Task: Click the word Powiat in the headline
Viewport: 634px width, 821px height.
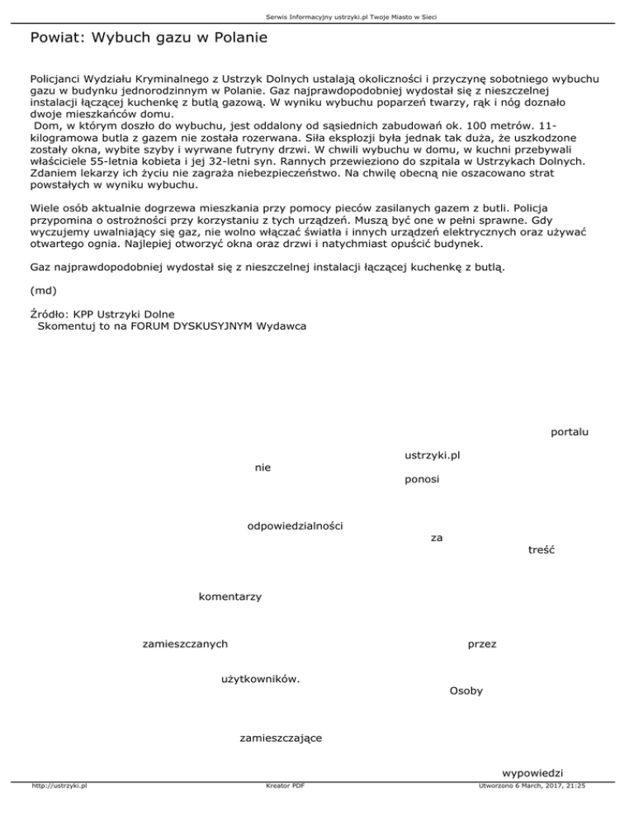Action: tap(54, 38)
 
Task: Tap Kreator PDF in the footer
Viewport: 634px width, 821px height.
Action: tap(282, 785)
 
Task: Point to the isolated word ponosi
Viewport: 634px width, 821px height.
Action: tap(422, 479)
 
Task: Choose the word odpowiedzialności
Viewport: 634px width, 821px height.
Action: tap(296, 525)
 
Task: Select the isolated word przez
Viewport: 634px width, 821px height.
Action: tap(481, 643)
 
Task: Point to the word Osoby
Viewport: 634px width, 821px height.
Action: tap(466, 690)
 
